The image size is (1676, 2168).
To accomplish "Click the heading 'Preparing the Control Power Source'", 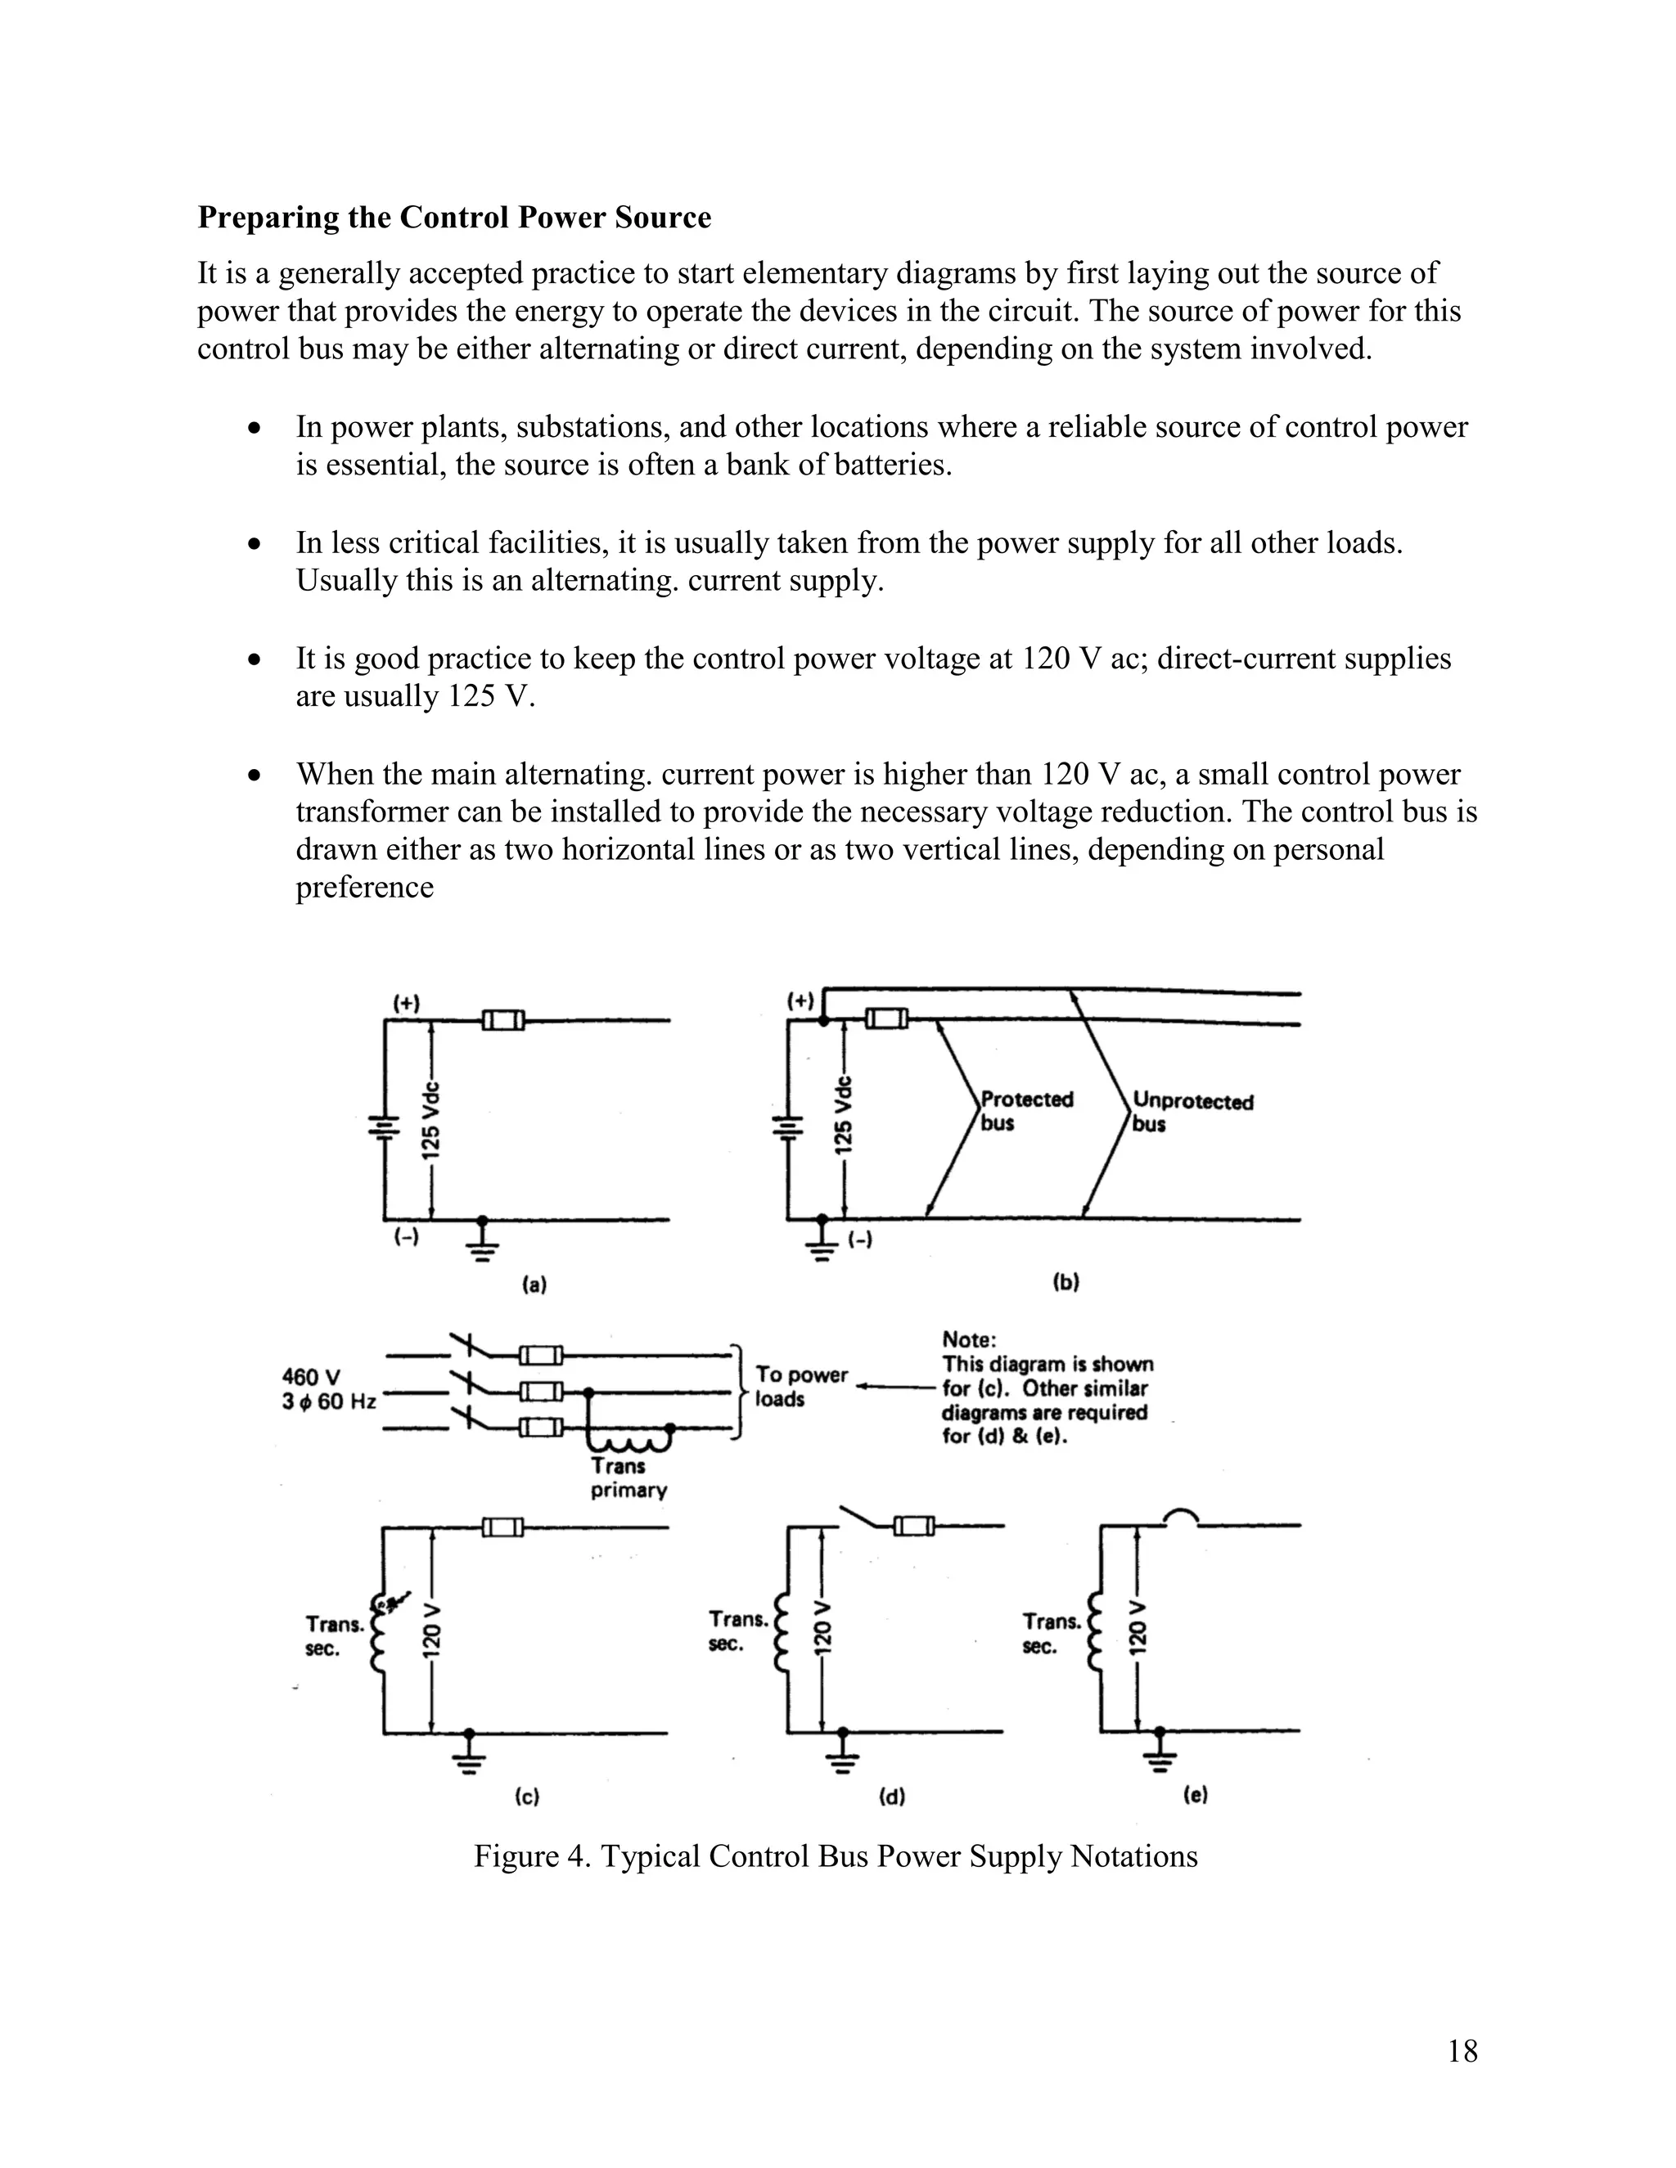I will (453, 218).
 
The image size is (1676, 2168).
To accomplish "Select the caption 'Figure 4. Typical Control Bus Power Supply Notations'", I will (835, 1855).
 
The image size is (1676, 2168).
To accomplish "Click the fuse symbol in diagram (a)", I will (503, 1019).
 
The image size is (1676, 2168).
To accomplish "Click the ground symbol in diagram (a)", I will (483, 1241).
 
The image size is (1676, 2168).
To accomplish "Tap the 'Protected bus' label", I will (1025, 1111).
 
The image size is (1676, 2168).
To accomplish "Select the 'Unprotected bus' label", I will (1192, 1112).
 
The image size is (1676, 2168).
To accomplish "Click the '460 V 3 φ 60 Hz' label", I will (327, 1389).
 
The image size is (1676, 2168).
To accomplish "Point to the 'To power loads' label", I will (800, 1386).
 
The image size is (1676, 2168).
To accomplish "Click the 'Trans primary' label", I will (628, 1477).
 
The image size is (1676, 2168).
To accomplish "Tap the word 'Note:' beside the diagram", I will (968, 1340).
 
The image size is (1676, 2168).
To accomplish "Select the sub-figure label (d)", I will (892, 1796).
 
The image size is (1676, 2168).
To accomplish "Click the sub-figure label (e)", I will (1195, 1795).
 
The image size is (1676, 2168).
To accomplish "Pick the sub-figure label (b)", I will (1065, 1281).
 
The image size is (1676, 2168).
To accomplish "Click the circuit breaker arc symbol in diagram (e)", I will (1181, 1518).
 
